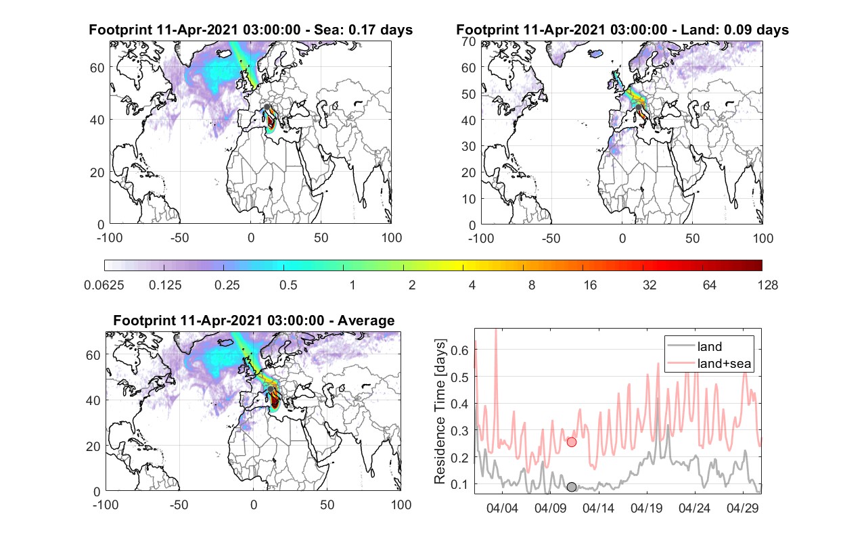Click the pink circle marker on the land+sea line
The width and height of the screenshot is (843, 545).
pos(571,442)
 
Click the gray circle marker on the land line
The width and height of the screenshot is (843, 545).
pos(571,487)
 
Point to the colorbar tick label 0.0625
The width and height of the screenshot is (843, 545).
pos(104,285)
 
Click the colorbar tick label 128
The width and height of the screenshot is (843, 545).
pos(767,285)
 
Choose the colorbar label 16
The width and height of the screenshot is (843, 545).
pos(590,285)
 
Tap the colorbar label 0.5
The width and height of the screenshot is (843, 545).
pos(288,285)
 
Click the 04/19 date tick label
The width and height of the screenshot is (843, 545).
pos(647,508)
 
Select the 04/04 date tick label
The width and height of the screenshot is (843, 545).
pos(502,508)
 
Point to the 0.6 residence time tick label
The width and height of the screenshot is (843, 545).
pos(459,350)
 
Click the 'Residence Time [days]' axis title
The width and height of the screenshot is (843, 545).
pos(440,411)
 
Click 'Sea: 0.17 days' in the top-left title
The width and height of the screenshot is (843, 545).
pos(363,30)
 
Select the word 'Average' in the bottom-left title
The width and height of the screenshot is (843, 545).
pos(366,321)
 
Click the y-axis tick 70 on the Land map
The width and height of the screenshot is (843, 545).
pos(469,41)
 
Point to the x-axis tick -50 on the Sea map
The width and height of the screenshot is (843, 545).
pos(179,238)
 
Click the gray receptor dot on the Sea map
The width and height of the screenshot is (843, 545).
pos(267,107)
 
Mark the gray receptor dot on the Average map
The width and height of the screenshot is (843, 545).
pos(270,389)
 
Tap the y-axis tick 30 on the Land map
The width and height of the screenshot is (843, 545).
pos(469,146)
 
